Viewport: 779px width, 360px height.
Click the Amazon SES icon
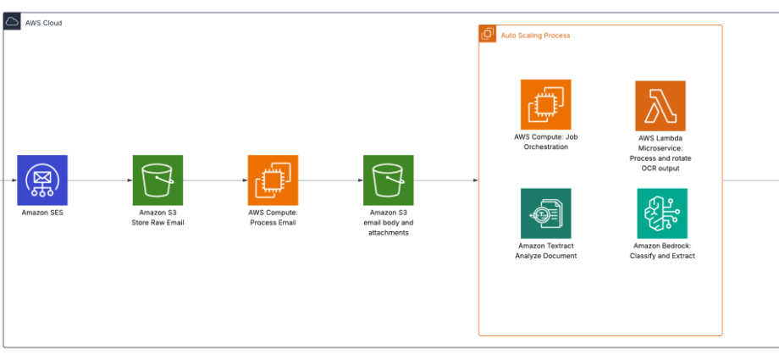coord(42,180)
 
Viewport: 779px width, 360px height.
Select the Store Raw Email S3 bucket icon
coord(157,180)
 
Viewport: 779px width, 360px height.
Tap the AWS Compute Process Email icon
coord(273,180)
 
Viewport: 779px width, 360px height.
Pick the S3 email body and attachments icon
coord(388,180)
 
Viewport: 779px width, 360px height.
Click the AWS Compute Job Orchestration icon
coord(545,104)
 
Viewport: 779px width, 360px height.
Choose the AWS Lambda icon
coord(660,106)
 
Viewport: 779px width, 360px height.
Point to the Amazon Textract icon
coord(545,213)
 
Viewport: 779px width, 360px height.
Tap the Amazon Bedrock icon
coord(662,213)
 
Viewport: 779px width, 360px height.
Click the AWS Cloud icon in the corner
coord(12,21)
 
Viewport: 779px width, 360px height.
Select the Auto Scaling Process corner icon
coord(488,34)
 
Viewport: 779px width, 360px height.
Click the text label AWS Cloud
coord(44,23)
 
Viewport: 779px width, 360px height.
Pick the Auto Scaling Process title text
coord(535,36)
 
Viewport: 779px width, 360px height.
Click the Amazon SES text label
coord(42,213)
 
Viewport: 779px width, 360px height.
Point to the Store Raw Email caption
coord(157,223)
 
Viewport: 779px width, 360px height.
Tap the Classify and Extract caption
coord(662,256)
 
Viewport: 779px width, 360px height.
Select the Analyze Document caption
coord(546,256)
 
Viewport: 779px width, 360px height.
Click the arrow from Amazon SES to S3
coord(100,180)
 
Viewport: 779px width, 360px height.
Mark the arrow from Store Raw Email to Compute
coord(215,180)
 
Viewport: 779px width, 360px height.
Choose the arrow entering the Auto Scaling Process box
coord(446,180)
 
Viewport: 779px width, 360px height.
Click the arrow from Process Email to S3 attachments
coord(330,180)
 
